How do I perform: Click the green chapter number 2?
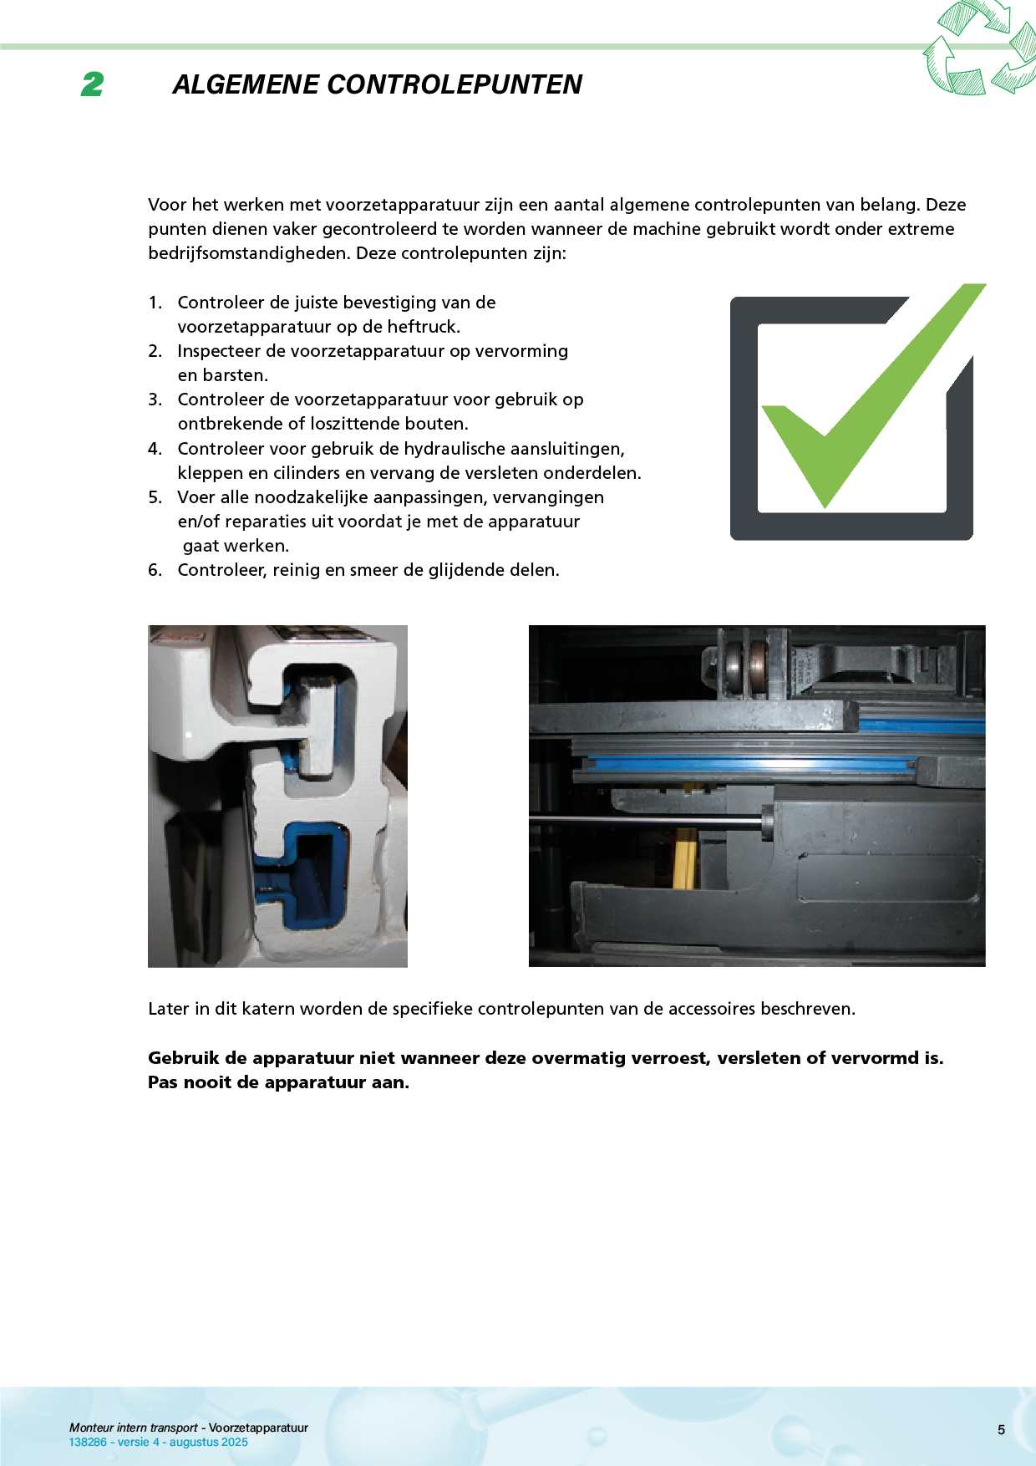pyautogui.click(x=93, y=84)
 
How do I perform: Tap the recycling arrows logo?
pyautogui.click(x=979, y=48)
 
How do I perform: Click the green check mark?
pyautogui.click(x=869, y=401)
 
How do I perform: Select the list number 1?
pyautogui.click(x=155, y=303)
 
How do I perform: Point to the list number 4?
pyautogui.click(x=155, y=449)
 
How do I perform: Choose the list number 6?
pyautogui.click(x=155, y=570)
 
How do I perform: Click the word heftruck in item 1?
pyautogui.click(x=423, y=327)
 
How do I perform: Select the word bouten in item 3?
pyautogui.click(x=441, y=424)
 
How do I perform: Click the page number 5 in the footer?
pyautogui.click(x=1001, y=1430)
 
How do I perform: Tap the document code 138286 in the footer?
pyautogui.click(x=88, y=1442)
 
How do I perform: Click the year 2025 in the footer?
pyautogui.click(x=235, y=1442)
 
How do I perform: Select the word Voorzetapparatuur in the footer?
pyautogui.click(x=258, y=1428)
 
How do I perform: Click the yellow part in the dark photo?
pyautogui.click(x=686, y=858)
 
